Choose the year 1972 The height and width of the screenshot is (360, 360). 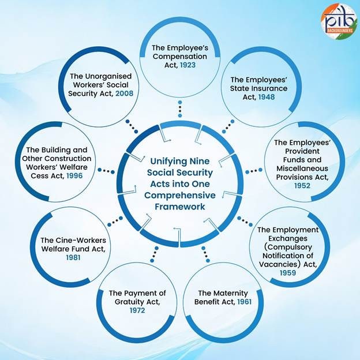(137, 310)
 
